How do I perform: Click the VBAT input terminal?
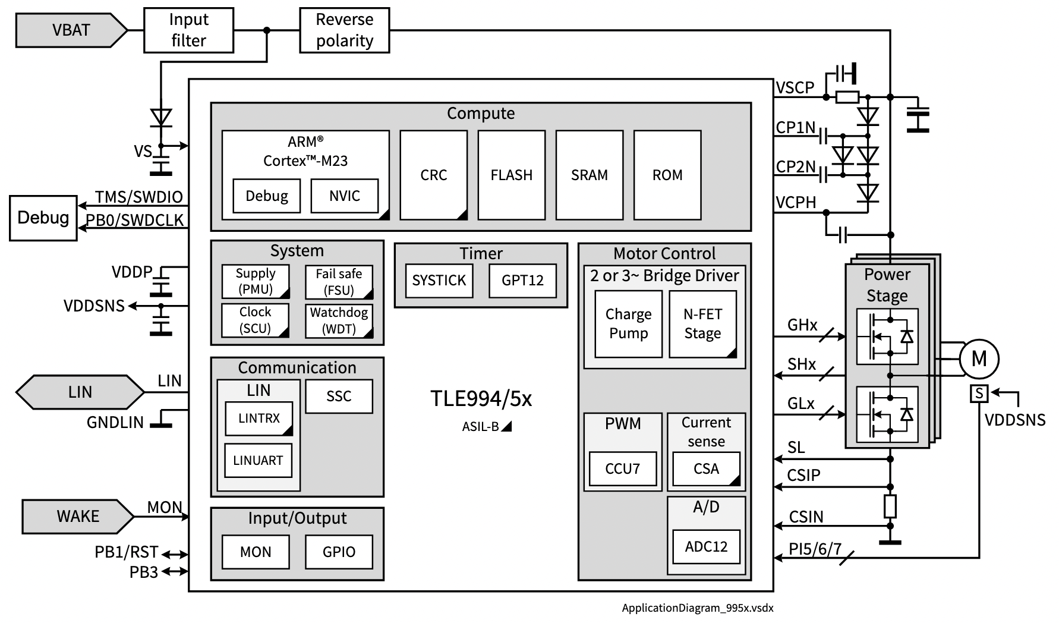click(x=70, y=30)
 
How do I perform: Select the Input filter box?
click(x=188, y=30)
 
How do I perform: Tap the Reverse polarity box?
click(x=344, y=30)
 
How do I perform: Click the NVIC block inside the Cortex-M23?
click(x=344, y=196)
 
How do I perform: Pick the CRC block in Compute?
click(x=433, y=175)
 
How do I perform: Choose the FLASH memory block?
click(x=511, y=175)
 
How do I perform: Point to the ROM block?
click(x=667, y=175)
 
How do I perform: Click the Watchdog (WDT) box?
click(x=339, y=321)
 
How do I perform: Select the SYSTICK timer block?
click(x=439, y=281)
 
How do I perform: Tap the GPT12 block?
click(x=522, y=281)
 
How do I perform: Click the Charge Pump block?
click(x=628, y=324)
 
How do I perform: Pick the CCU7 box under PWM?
click(x=622, y=469)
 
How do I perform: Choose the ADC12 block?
click(x=706, y=547)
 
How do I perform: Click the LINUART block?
click(x=258, y=461)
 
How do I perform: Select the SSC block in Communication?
click(x=339, y=397)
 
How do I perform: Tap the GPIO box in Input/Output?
click(x=339, y=552)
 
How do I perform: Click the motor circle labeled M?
click(x=979, y=359)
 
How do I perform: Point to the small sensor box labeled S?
click(x=979, y=394)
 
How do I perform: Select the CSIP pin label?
click(x=803, y=476)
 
